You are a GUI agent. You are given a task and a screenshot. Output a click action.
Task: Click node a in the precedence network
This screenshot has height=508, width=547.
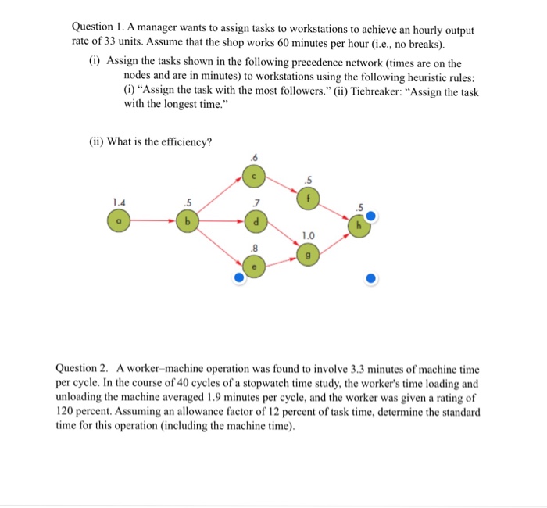(x=119, y=221)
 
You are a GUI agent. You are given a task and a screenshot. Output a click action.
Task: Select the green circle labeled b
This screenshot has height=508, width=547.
(x=187, y=221)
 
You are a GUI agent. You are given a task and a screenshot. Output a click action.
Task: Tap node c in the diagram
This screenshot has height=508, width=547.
(x=254, y=177)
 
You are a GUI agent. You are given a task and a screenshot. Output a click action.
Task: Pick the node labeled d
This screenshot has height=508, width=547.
(x=254, y=221)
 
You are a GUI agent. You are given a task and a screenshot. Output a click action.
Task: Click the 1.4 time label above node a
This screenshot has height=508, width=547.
(x=118, y=202)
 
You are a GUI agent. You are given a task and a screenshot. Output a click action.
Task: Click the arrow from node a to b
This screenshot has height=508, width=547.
(x=152, y=221)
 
